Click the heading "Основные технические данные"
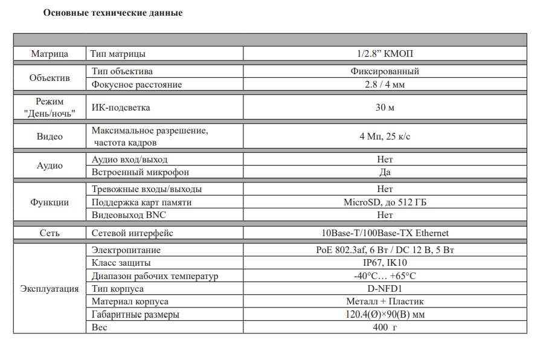[x=113, y=13]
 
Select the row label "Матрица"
[x=50, y=54]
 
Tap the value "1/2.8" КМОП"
[x=385, y=54]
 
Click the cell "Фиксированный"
[x=385, y=71]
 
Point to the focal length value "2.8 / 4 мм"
[x=385, y=85]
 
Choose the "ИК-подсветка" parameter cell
[x=121, y=108]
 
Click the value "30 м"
[x=385, y=108]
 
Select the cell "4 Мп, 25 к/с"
[x=385, y=137]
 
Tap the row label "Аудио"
[x=50, y=166]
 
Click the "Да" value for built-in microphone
[x=385, y=173]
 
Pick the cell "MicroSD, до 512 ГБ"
[x=385, y=202]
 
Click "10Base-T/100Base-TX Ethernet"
[x=385, y=233]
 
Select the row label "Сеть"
[x=50, y=233]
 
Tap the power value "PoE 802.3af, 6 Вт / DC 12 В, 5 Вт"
[x=385, y=250]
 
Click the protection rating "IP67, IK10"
[x=385, y=263]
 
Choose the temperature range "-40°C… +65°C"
[x=385, y=276]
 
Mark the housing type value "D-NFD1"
[x=385, y=289]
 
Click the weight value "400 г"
[x=385, y=327]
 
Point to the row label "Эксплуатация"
[x=50, y=289]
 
